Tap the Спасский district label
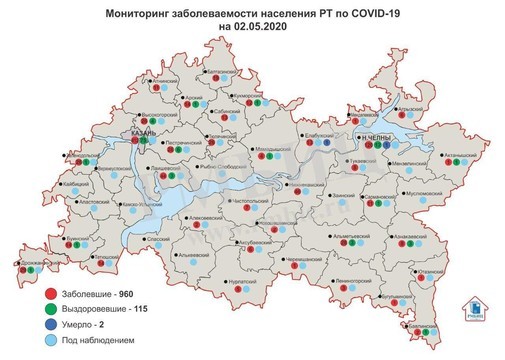click(158, 239)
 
